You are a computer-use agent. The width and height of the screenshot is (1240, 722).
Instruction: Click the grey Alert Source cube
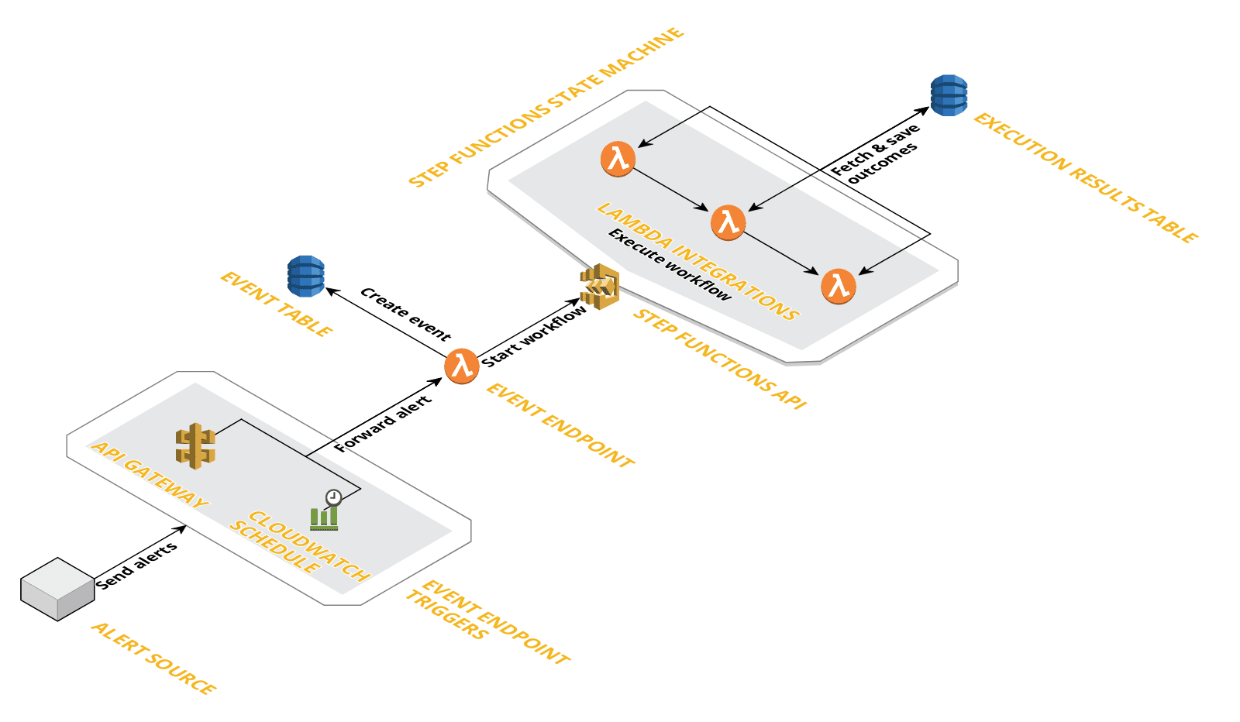point(57,590)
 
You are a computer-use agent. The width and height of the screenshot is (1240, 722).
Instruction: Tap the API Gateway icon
point(195,445)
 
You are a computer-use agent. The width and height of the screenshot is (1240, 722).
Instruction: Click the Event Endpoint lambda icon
point(462,366)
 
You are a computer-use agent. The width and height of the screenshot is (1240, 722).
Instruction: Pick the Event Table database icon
point(305,277)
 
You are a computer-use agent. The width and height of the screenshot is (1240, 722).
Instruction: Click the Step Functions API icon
point(600,287)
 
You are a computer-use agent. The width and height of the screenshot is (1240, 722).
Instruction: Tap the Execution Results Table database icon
point(949,95)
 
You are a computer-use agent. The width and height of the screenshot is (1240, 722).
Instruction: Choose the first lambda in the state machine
point(618,160)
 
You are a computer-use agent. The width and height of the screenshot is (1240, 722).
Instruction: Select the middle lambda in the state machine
point(728,222)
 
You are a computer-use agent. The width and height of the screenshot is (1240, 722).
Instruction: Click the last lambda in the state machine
point(839,286)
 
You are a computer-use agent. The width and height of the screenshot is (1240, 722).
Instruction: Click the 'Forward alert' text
point(383,425)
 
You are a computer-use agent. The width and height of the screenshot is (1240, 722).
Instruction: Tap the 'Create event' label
point(405,314)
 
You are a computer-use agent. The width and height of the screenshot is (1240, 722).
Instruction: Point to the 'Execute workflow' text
point(669,265)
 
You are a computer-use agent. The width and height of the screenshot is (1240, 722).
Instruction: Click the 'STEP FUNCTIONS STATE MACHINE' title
point(546,108)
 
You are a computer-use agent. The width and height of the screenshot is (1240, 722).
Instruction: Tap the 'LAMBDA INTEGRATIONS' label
point(697,260)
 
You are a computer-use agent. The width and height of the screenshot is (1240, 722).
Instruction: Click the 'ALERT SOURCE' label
point(153,658)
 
